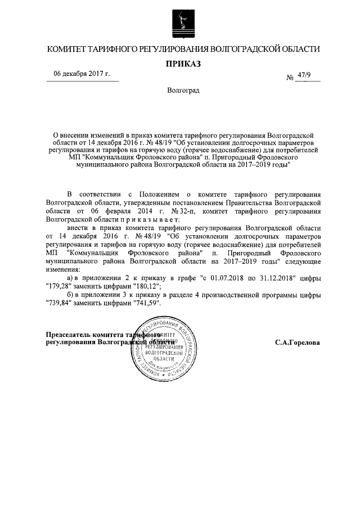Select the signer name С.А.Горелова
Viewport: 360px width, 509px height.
click(298, 342)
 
